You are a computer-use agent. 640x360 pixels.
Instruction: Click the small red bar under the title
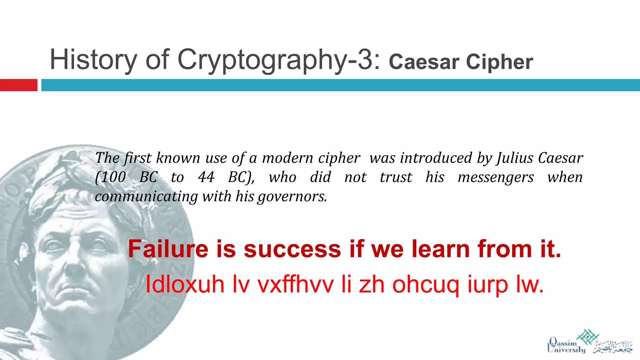click(18, 85)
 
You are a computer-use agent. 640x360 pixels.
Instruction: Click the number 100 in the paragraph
click(113, 177)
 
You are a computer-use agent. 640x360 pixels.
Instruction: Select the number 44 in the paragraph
click(206, 177)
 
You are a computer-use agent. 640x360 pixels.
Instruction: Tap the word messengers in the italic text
click(496, 177)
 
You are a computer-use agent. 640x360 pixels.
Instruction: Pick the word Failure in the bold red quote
click(168, 249)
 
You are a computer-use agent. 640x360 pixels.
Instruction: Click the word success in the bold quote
click(292, 249)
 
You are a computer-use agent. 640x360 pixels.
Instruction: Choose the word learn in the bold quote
click(441, 249)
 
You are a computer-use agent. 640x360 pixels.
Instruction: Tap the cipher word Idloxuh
click(185, 284)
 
